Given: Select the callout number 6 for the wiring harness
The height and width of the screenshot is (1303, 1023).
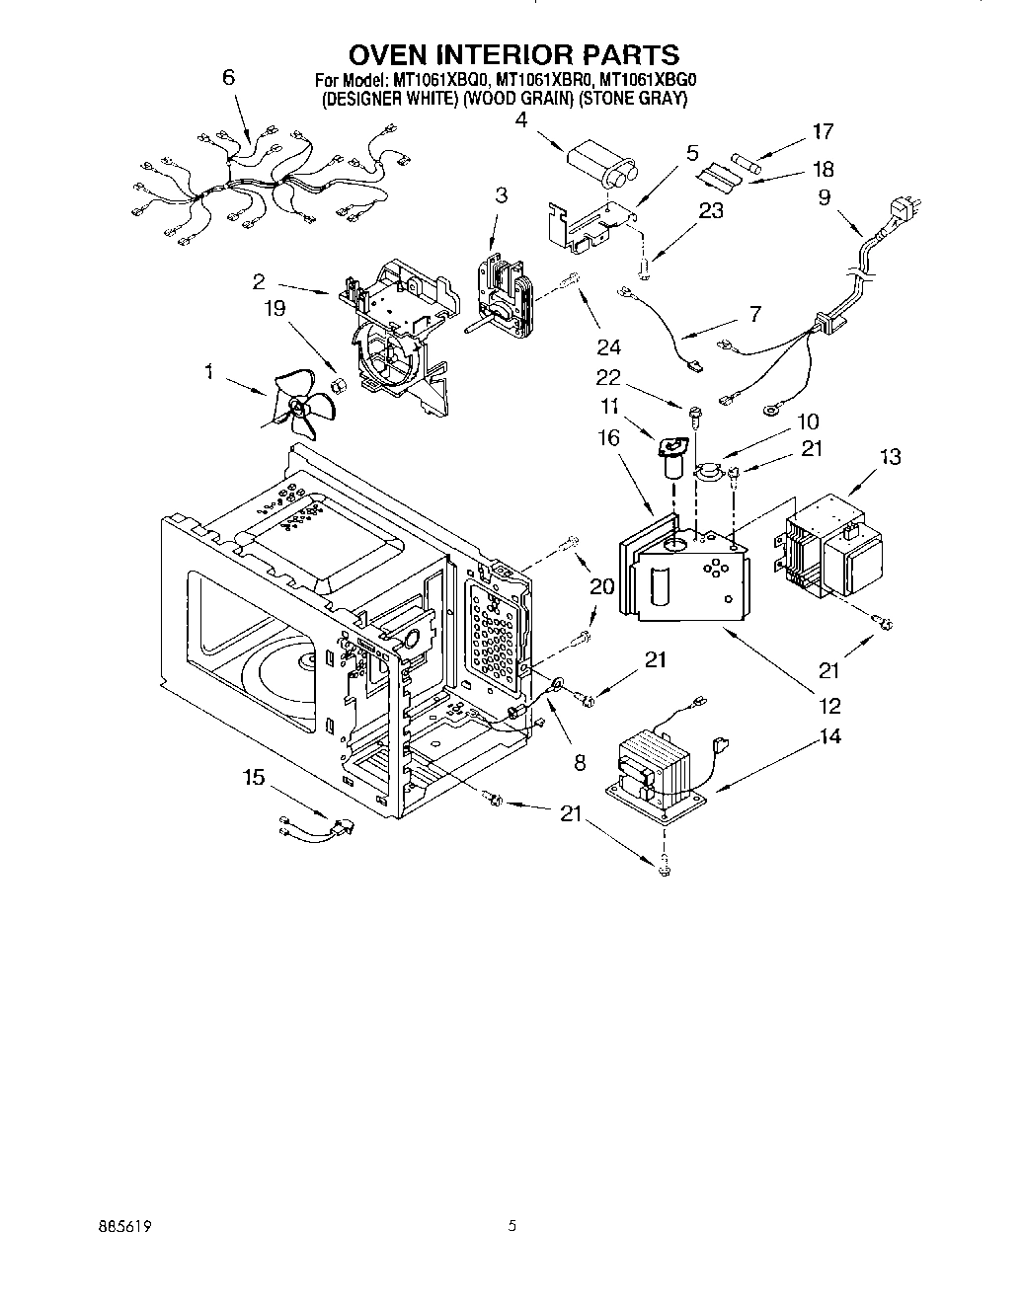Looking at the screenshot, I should [x=229, y=77].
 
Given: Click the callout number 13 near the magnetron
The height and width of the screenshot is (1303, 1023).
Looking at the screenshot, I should [x=890, y=456].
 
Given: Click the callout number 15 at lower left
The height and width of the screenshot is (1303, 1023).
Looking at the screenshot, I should [x=254, y=778].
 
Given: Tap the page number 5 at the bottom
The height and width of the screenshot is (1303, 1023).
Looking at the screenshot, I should [x=511, y=1227].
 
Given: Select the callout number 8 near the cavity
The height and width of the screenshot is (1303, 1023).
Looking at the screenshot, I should [x=580, y=761].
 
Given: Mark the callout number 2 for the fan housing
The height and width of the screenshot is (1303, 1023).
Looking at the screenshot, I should [x=259, y=281].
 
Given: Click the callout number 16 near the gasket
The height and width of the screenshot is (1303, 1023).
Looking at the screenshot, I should [x=607, y=436].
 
